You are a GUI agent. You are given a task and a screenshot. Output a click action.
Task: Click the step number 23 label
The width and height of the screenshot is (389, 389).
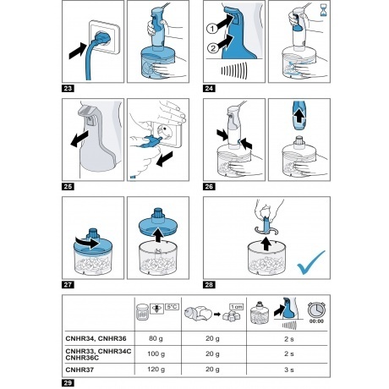point(68,89)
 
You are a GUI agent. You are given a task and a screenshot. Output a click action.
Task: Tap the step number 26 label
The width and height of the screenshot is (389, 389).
point(209,187)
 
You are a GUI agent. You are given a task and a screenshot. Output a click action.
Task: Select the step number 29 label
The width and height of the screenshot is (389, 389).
point(68,383)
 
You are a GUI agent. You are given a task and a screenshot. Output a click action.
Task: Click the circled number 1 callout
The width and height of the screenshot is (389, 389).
point(212,29)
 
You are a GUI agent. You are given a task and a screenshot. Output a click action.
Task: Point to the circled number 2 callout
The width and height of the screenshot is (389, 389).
point(213,48)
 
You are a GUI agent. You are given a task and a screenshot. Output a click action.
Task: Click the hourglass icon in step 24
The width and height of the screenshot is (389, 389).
point(323,9)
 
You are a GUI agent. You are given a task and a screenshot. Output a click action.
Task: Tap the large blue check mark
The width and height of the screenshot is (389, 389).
point(310,262)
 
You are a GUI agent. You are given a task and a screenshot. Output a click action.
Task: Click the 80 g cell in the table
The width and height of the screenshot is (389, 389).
point(156,338)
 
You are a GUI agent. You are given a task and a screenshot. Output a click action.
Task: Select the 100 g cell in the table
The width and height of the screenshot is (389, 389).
point(156,353)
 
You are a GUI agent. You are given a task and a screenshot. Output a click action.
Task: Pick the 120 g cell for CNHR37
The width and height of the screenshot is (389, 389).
point(156,369)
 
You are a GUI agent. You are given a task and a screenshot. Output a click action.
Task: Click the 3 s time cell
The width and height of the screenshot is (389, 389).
point(289,370)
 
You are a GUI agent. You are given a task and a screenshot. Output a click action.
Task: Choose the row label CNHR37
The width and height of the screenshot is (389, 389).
point(79,370)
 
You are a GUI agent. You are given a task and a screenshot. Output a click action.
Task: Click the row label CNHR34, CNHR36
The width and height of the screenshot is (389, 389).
point(96,338)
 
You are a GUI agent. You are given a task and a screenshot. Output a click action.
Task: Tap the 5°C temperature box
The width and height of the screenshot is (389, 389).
point(172,306)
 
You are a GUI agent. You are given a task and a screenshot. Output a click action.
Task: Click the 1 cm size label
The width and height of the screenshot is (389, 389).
point(236,307)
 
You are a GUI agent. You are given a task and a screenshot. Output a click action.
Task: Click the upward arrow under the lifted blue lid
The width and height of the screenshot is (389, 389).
point(158,235)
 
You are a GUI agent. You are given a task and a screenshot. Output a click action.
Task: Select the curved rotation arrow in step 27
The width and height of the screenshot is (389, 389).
point(87,243)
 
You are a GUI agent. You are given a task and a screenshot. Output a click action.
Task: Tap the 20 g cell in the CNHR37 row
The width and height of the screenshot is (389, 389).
point(212,369)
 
